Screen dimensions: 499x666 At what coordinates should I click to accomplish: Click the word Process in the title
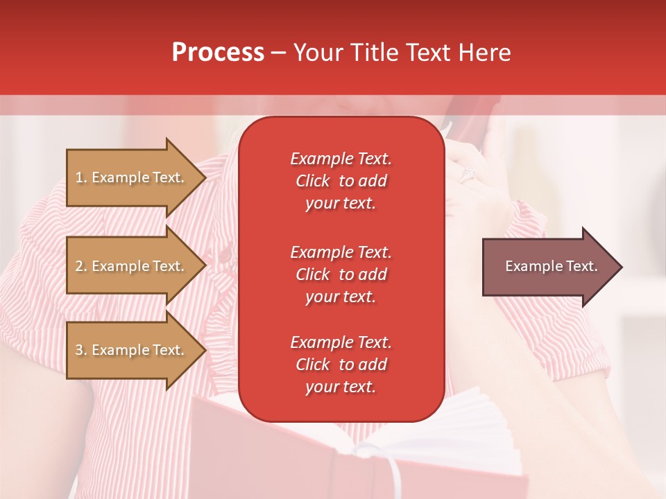(x=218, y=53)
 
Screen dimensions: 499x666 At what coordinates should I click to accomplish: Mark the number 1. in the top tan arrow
(x=81, y=177)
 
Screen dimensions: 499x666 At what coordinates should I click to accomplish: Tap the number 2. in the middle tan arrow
(x=81, y=266)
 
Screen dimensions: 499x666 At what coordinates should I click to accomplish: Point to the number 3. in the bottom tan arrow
(x=81, y=350)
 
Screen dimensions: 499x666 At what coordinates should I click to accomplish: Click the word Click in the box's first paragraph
(x=313, y=182)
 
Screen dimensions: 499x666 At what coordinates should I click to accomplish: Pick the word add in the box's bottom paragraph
(x=373, y=365)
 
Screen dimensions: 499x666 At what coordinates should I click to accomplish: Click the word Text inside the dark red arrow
(x=582, y=266)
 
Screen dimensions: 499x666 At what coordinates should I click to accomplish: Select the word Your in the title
(x=316, y=53)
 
